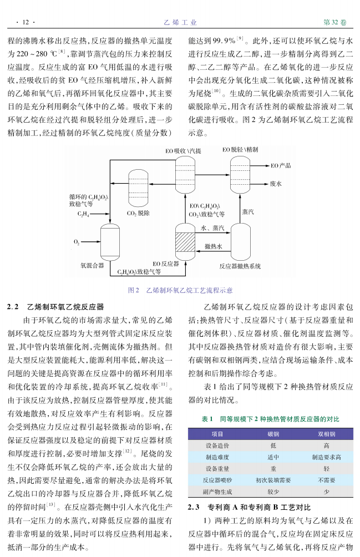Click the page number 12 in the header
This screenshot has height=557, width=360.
[x=24, y=23]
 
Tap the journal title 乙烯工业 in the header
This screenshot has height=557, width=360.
[x=180, y=23]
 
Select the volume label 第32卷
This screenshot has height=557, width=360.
[x=334, y=23]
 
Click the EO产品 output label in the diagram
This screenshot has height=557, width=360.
[x=281, y=165]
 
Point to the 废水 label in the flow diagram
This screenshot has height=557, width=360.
[x=276, y=183]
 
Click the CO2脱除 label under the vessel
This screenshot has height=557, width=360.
[x=138, y=212]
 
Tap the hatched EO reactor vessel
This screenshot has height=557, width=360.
[x=185, y=242]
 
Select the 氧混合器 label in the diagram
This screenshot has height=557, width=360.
[x=92, y=265]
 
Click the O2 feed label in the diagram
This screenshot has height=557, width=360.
[x=76, y=242]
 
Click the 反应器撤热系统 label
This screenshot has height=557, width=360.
[x=240, y=266]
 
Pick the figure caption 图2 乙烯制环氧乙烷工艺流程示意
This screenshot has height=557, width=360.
[x=180, y=290]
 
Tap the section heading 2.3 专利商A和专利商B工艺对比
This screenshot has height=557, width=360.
[x=248, y=507]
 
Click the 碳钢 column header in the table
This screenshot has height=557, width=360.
[x=273, y=434]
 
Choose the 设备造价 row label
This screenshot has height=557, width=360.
[x=217, y=445]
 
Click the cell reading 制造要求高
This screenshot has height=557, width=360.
[x=326, y=457]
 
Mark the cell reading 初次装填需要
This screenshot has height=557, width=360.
[x=273, y=480]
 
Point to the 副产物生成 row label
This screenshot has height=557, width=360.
[x=217, y=492]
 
